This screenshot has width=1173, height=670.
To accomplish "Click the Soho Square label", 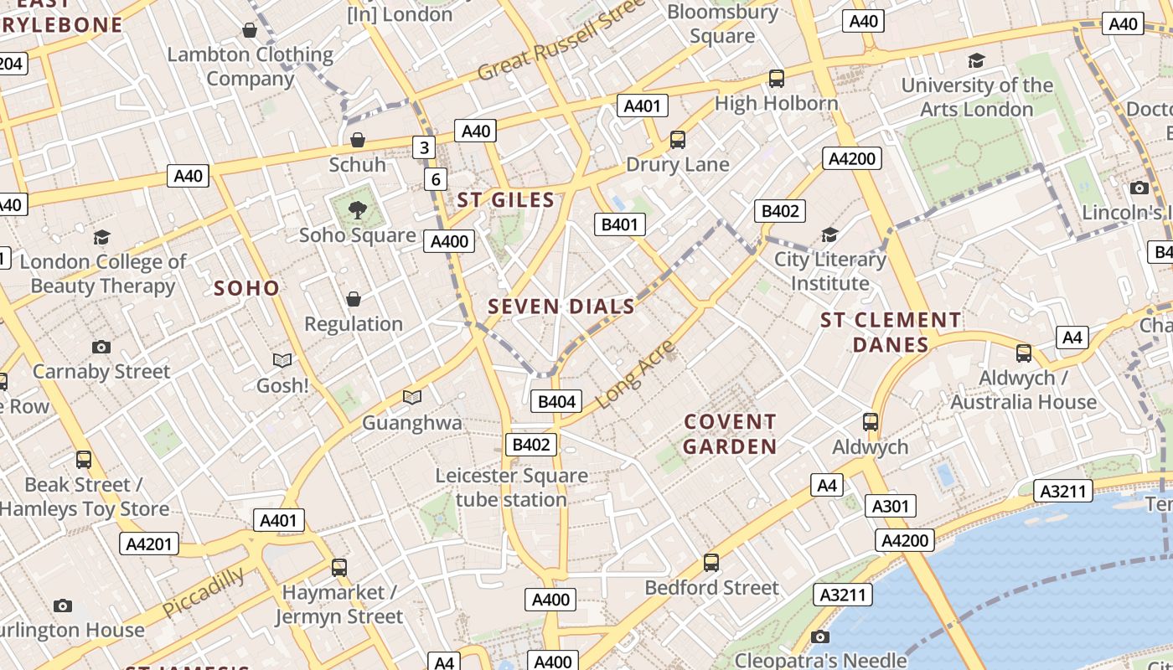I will [358, 235].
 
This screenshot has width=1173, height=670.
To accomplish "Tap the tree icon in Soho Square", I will [358, 209].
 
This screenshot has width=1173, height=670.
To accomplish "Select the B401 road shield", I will [620, 224].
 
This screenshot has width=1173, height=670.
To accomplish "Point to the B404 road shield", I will [556, 402].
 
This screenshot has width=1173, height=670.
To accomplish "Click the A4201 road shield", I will [149, 544].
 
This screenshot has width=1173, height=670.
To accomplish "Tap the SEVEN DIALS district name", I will [561, 307].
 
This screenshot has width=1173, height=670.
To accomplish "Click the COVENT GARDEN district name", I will [730, 434].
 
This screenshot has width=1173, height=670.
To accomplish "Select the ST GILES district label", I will [506, 200].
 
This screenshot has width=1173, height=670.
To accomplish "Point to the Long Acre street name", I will [638, 374].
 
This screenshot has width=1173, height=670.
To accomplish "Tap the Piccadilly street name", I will [203, 591].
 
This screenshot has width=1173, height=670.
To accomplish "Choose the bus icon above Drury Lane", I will [678, 140].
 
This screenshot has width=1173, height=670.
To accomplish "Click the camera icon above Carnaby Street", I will [101, 347].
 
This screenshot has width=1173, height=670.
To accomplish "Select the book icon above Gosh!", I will [282, 360].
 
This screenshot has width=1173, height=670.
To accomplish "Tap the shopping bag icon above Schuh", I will [358, 140].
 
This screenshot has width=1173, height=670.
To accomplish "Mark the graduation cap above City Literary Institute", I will [829, 234].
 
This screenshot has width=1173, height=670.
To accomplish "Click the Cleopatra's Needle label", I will [820, 660].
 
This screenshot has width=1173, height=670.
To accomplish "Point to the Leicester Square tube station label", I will [512, 487].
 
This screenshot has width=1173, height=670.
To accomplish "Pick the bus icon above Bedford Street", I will [711, 563].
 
